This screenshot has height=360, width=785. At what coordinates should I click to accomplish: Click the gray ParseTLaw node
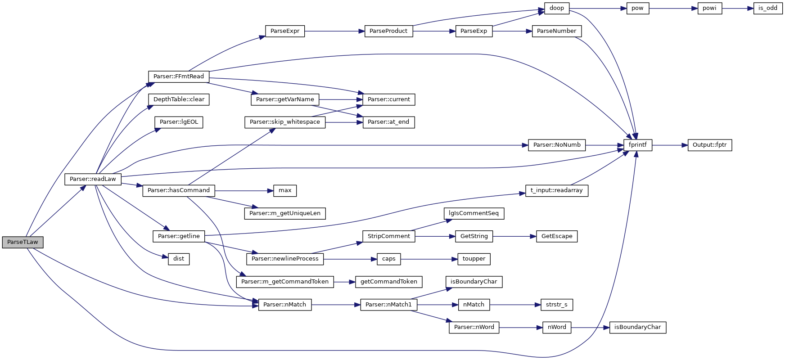point(23,242)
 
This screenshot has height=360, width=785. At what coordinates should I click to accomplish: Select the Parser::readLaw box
point(93,179)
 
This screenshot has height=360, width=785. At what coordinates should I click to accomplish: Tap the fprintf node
point(637,145)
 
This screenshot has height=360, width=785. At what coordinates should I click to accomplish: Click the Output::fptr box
point(709,145)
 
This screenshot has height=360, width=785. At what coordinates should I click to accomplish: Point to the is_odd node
point(767,8)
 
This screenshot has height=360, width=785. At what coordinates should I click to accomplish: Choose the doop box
point(557,8)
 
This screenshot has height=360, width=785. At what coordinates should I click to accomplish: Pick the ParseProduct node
point(388,31)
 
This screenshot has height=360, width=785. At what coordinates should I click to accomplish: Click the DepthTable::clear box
point(179,99)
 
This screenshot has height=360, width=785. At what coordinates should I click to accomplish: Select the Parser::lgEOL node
point(179,122)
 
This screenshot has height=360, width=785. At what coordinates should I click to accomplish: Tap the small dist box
point(179,259)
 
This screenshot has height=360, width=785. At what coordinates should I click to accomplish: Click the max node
point(285,190)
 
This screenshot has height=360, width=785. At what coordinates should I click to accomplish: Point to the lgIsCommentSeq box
point(474,213)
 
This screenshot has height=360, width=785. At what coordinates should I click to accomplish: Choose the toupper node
point(474,259)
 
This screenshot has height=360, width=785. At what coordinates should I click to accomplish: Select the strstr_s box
point(556,305)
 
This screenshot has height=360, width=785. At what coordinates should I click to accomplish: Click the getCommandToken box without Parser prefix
point(388,282)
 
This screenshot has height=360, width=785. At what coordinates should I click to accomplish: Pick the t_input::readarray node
point(556,190)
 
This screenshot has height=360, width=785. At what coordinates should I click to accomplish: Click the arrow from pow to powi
point(673,8)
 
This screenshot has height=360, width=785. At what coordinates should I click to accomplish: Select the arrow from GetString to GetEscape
point(514,236)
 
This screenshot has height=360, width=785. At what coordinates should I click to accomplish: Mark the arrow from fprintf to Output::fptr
point(670,145)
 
